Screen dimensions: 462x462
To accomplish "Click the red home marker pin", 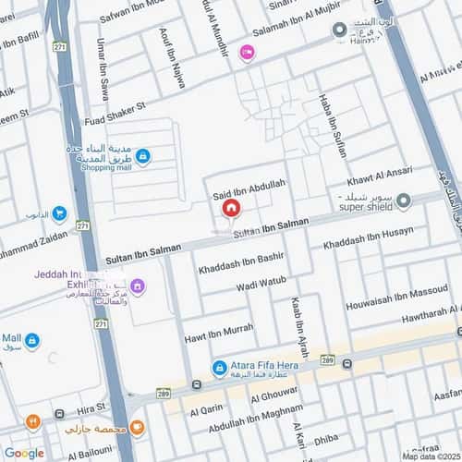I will [230, 209].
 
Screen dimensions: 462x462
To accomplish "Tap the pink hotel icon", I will [246, 55].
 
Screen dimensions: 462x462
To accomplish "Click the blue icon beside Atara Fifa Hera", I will [219, 368].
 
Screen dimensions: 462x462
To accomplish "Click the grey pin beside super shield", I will [430, 198].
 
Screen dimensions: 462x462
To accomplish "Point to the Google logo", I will [24, 453].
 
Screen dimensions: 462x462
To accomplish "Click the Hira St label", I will [91, 407].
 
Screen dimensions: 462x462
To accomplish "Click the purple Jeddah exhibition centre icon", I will [137, 286].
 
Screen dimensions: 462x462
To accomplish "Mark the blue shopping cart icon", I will [59, 214].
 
